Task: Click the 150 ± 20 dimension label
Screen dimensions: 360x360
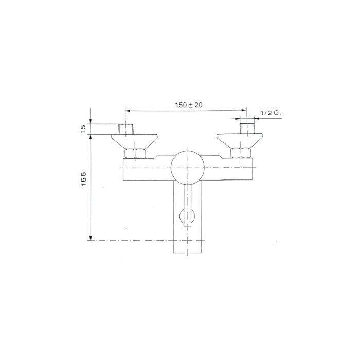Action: tap(189, 105)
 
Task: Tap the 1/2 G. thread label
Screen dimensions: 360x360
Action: tap(271, 113)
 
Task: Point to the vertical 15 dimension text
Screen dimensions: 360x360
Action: tap(83, 129)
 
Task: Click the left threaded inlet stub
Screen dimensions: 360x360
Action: tap(126, 129)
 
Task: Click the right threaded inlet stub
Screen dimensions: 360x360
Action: tap(247, 129)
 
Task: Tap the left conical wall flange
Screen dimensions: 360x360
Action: tap(134, 141)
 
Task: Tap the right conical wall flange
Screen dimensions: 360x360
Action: tap(240, 140)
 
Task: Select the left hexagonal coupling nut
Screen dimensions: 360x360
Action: tap(135, 154)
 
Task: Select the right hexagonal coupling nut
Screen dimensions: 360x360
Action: tap(241, 153)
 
